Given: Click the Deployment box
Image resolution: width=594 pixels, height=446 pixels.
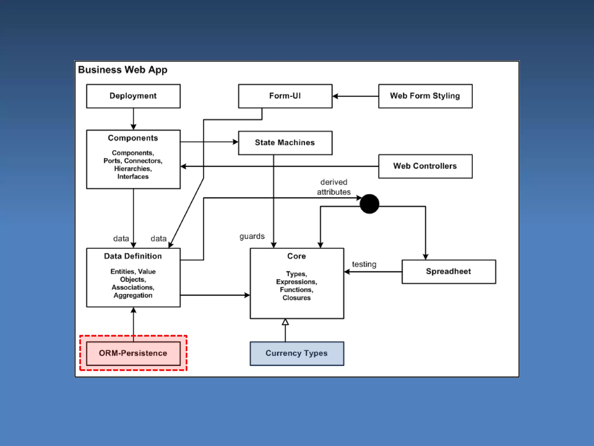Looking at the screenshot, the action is [133, 96].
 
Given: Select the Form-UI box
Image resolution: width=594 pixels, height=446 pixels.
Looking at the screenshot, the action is [285, 96].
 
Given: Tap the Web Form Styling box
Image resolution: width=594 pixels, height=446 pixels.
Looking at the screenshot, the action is [425, 96].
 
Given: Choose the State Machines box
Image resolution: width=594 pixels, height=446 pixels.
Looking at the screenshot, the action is [285, 143].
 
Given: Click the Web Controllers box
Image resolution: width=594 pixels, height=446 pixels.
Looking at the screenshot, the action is [425, 166].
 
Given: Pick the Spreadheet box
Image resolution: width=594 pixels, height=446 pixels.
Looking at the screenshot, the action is [449, 271].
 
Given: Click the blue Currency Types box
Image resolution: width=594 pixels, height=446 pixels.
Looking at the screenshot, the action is [297, 353].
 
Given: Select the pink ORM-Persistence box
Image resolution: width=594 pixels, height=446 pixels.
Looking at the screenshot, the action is [133, 353].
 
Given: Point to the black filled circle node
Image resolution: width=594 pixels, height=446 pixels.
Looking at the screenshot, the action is [369, 204].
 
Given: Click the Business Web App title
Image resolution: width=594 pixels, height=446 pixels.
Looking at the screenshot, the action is [123, 70].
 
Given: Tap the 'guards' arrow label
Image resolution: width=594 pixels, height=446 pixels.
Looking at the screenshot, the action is [252, 236].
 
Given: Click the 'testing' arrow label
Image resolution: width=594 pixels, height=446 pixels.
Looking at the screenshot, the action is [364, 264].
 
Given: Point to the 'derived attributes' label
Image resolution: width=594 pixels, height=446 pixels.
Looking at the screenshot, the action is [334, 187].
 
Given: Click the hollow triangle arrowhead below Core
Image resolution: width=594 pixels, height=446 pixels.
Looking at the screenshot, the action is [285, 322].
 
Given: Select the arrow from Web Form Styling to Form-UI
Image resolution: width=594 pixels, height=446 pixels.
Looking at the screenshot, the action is [356, 96].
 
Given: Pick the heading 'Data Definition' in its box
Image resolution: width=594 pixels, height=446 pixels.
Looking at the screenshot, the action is [133, 256].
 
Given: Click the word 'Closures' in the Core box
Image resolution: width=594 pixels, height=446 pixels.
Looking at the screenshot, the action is [296, 298].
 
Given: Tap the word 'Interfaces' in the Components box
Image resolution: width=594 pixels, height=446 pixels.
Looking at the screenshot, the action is [133, 177].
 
